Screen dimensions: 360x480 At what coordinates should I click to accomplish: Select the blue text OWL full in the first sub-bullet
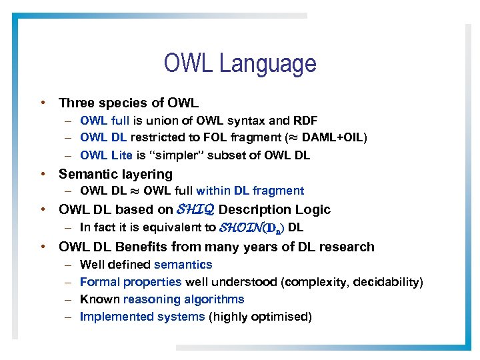pos(105,121)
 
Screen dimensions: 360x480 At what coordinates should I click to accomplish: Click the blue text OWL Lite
pos(106,155)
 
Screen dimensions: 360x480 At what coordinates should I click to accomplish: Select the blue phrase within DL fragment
pos(250,191)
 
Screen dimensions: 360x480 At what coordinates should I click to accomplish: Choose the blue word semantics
pos(183,265)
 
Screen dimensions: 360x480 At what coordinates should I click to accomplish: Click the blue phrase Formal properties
pos(131,282)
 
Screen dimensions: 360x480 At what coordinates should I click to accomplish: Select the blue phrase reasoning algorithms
pos(184,299)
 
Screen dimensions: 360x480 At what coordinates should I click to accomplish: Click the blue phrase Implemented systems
pos(142,317)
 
